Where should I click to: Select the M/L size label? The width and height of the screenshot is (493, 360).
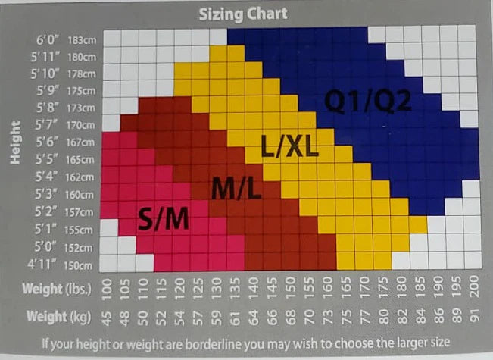pyautogui.click(x=236, y=186)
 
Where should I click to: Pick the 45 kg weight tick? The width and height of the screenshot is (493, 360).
pyautogui.click(x=109, y=317)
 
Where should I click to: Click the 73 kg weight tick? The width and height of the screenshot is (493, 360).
pyautogui.click(x=326, y=317)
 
